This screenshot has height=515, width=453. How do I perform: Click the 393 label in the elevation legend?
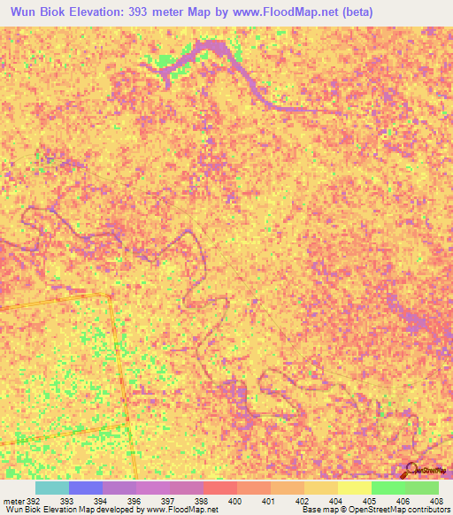(x=66, y=501)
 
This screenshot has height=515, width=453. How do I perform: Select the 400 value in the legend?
(x=234, y=501)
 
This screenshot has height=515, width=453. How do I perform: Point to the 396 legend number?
(x=134, y=501)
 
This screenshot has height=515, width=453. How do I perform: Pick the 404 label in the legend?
(x=334, y=501)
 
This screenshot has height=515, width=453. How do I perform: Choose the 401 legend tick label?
(x=268, y=501)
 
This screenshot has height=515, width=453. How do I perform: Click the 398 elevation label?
(x=201, y=501)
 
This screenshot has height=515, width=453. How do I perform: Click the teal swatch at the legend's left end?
(x=51, y=488)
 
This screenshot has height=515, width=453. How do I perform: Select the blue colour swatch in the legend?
(x=85, y=488)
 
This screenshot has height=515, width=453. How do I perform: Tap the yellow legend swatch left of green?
(x=354, y=488)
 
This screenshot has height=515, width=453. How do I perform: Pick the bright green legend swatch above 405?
(x=388, y=488)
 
